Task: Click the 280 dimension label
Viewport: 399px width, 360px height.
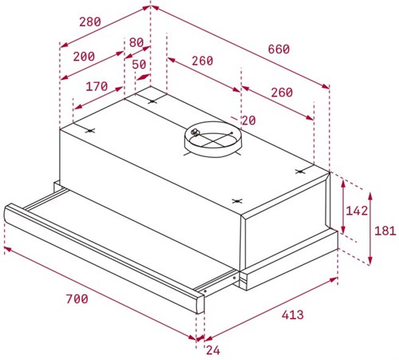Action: pyautogui.click(x=91, y=22)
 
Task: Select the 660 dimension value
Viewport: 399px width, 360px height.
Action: pyautogui.click(x=278, y=49)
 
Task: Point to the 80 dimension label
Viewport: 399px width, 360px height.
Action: pyautogui.click(x=136, y=42)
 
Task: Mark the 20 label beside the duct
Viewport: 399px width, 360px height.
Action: pyautogui.click(x=248, y=120)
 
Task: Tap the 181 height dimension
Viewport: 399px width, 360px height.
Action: pyautogui.click(x=385, y=230)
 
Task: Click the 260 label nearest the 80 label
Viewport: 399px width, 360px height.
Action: pyautogui.click(x=202, y=61)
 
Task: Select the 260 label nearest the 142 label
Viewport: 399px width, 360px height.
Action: pyautogui.click(x=280, y=92)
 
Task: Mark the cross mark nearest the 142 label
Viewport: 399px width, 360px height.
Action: pyautogui.click(x=301, y=171)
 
